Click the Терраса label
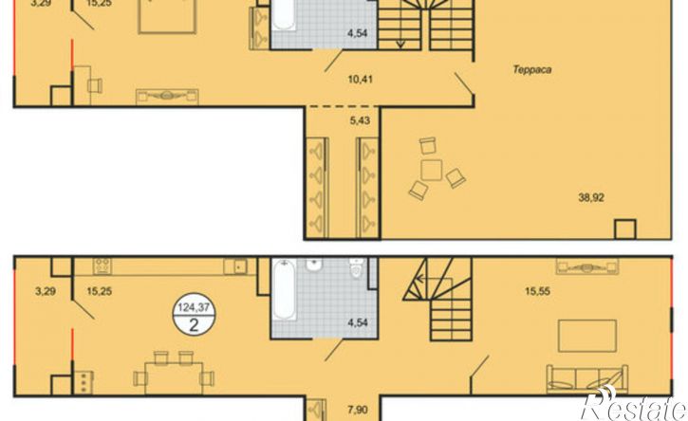(532, 69)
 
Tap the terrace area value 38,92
(591, 198)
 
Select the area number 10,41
(360, 80)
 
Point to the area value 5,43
(360, 120)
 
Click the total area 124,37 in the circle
(194, 308)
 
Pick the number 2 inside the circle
(194, 325)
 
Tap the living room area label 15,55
(537, 291)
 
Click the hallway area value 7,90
(358, 410)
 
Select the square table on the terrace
(432, 170)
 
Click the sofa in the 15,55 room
(587, 379)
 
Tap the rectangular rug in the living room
(587, 336)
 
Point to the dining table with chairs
(174, 374)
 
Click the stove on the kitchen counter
(102, 266)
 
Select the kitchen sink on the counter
(235, 266)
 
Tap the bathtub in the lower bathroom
(284, 289)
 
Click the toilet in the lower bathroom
(356, 268)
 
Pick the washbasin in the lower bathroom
(314, 265)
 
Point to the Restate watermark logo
(634, 404)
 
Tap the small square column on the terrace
(624, 229)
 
